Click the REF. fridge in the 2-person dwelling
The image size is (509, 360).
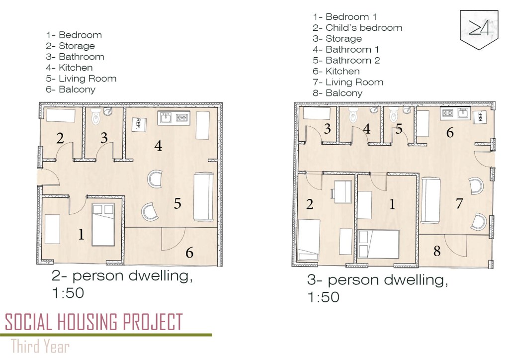pyautogui.click(x=139, y=124)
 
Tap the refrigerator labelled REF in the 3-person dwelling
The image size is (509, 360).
pyautogui.click(x=481, y=116)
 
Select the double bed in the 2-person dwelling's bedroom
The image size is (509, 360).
pyautogui.click(x=103, y=225)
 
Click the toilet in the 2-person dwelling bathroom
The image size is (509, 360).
pyautogui.click(x=96, y=116)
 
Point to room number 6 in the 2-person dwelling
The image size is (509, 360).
pyautogui.click(x=189, y=253)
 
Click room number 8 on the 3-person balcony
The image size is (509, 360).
pyautogui.click(x=437, y=251)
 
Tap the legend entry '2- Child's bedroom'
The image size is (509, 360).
pyautogui.click(x=357, y=27)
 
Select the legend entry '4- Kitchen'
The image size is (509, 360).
pyautogui.click(x=69, y=68)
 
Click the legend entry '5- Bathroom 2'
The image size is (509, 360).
pyautogui.click(x=346, y=60)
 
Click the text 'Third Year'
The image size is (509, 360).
pyautogui.click(x=40, y=346)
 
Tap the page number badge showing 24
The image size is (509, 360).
pyautogui.click(x=479, y=30)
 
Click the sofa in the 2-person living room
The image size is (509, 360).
pyautogui.click(x=203, y=197)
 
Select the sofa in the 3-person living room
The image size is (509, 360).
pyautogui.click(x=431, y=200)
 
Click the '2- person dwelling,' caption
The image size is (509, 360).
pyautogui.click(x=122, y=276)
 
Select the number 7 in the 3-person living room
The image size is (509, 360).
pyautogui.click(x=459, y=203)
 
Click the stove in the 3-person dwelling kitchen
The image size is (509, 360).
pyautogui.click(x=448, y=113)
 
